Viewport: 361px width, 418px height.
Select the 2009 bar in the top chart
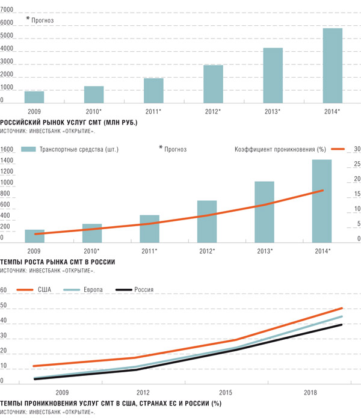pyautogui.click(x=34, y=97)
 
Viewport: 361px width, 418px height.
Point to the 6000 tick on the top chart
pyautogui.click(x=7, y=23)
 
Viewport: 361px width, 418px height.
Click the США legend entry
pyautogui.click(x=45, y=290)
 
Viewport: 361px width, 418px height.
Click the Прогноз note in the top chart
pyautogui.click(x=42, y=20)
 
